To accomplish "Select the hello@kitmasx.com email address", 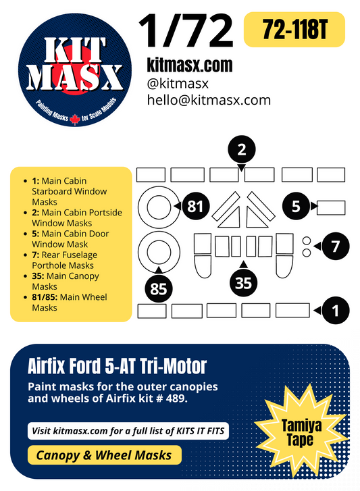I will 209,99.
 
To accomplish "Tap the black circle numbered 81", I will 196,207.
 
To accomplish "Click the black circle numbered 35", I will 243,282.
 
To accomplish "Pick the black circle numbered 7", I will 335,247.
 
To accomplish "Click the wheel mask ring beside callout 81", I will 157,205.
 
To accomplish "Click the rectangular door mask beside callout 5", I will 331,207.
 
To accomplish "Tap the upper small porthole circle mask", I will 306,240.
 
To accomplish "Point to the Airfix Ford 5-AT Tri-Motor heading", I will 118,367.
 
